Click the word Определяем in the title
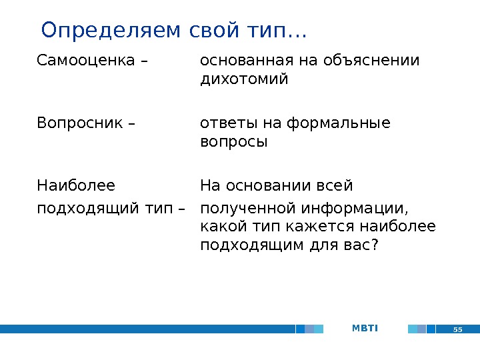[x=101, y=31]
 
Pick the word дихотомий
[x=244, y=80]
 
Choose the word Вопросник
[x=79, y=123]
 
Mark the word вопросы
[x=233, y=142]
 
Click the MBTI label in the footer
[x=365, y=328]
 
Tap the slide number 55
[x=458, y=329]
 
